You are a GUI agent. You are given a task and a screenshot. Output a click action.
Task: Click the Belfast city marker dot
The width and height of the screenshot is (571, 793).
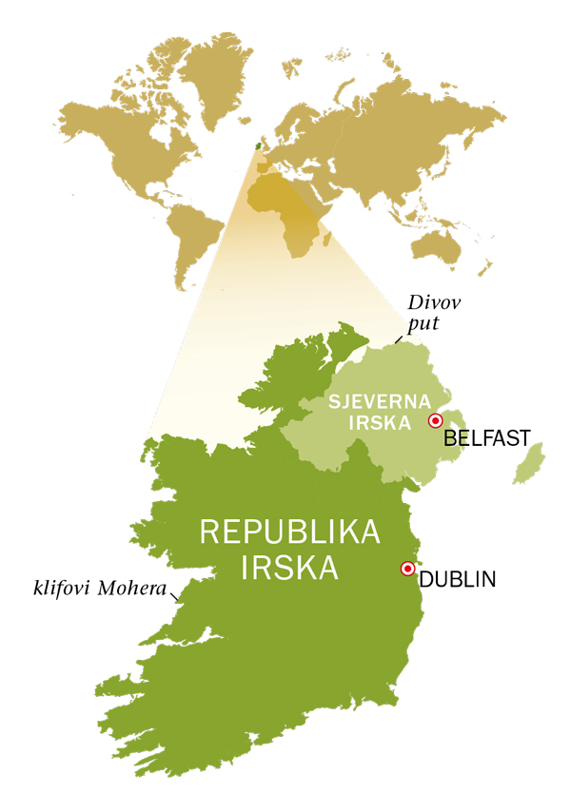436,420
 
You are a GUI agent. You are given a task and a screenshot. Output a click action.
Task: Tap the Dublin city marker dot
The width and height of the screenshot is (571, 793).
408,569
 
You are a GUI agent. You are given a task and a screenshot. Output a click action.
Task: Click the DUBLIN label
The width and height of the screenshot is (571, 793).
458,578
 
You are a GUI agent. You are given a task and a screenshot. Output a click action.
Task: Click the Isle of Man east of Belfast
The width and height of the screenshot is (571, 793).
528,463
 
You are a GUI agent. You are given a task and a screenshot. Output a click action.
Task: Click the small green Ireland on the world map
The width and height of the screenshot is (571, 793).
254,145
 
